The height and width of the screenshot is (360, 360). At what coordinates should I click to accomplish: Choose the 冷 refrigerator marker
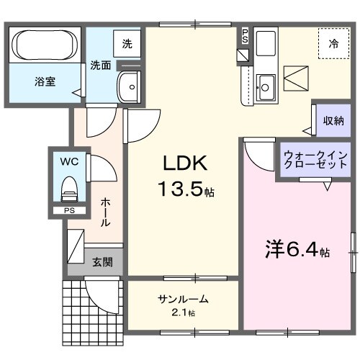[333, 45]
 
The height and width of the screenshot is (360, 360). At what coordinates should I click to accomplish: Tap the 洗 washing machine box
[127, 44]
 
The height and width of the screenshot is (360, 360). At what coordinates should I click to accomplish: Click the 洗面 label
[100, 66]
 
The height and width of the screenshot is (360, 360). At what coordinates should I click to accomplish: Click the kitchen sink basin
[265, 87]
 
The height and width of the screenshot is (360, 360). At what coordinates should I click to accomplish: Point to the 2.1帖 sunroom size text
[183, 313]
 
